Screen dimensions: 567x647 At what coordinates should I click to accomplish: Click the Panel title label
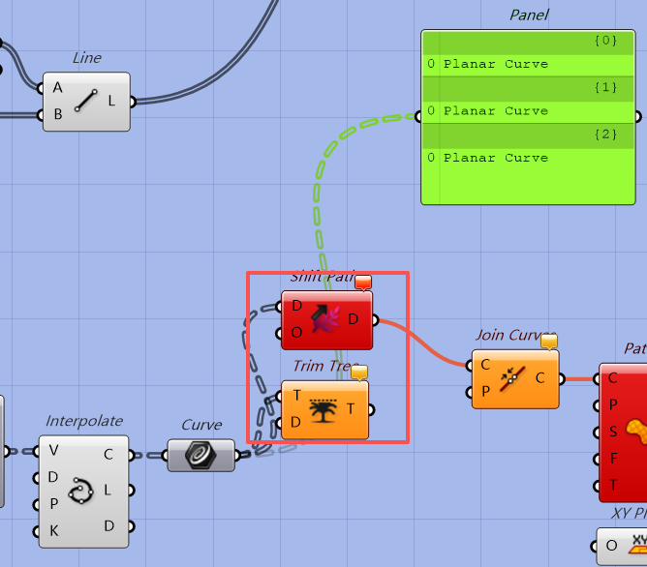point(529,15)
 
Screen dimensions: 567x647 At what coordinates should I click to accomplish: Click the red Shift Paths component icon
point(326,318)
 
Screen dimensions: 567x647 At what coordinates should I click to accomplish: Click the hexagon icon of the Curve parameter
point(200,454)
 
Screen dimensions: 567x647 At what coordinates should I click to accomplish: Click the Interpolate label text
point(84,421)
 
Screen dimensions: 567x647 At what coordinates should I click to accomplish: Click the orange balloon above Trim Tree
point(359,373)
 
